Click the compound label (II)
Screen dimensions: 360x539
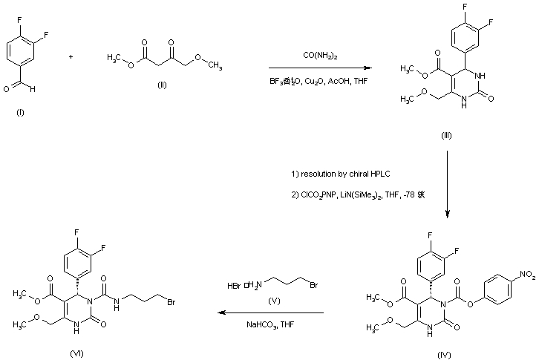point(162,85)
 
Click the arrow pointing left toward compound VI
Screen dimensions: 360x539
point(270,313)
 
